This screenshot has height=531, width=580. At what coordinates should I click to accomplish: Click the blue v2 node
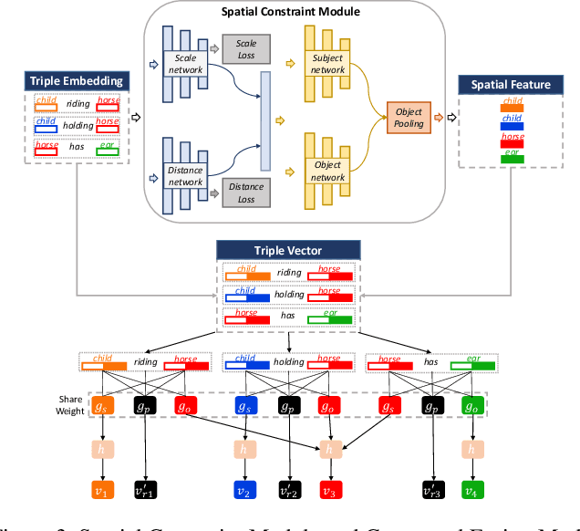click(243, 490)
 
